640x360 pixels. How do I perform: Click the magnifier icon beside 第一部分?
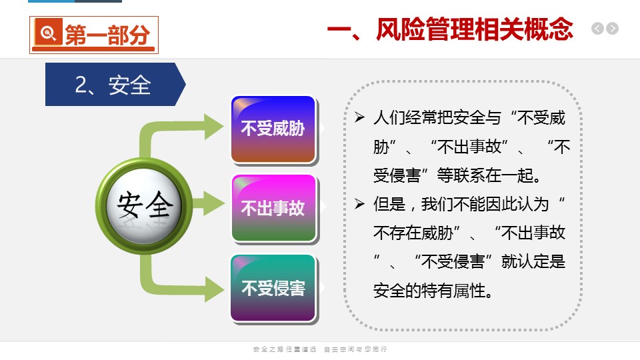click(48, 31)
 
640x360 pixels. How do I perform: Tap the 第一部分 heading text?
click(107, 34)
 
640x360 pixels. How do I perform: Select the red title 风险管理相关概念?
click(474, 29)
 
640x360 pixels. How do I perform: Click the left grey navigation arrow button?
click(597, 29)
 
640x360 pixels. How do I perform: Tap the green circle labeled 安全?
click(144, 206)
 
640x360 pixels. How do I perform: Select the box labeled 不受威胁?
click(273, 129)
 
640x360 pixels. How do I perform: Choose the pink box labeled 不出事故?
click(273, 208)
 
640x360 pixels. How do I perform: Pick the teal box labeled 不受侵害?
click(273, 288)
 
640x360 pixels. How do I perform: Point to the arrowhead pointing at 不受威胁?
click(213, 127)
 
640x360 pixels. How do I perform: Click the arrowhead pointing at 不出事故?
click(213, 203)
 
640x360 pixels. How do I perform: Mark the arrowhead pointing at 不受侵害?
click(213, 289)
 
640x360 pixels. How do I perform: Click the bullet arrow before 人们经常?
click(359, 117)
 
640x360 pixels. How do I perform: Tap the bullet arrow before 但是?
click(359, 203)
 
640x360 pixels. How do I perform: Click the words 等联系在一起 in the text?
click(489, 175)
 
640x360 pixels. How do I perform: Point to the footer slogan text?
click(320, 349)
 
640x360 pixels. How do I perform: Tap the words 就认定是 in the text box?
click(533, 261)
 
